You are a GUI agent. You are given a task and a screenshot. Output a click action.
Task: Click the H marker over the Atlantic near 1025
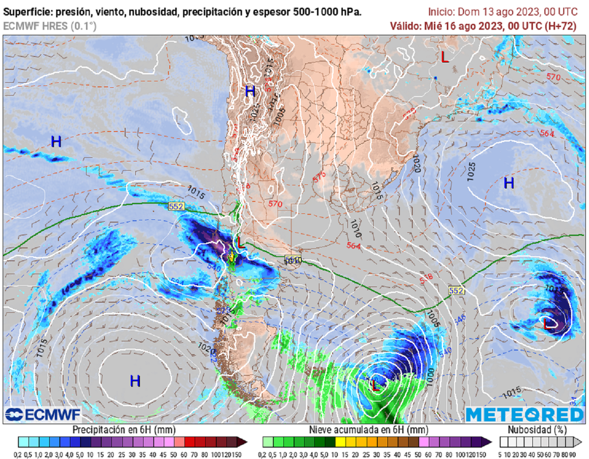[508, 183]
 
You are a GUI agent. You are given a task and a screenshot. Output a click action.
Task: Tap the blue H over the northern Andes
[250, 91]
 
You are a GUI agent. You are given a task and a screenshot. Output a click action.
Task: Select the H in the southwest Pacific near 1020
[135, 381]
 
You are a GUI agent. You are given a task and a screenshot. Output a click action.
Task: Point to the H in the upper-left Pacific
[56, 141]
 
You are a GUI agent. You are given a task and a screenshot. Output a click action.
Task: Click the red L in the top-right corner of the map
[444, 57]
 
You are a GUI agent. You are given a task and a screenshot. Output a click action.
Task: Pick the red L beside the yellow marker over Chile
[241, 244]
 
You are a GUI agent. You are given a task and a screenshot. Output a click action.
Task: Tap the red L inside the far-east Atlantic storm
[548, 324]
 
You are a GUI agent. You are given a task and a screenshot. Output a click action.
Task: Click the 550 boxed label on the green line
[293, 260]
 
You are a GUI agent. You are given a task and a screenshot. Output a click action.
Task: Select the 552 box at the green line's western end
[176, 205]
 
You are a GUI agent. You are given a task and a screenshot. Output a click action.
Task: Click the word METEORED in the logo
[525, 415]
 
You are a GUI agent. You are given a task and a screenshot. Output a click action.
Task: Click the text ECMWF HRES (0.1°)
[50, 26]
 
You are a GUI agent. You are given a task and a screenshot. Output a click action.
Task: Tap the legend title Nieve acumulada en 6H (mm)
[368, 430]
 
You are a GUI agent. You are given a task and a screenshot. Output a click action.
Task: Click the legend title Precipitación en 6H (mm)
[124, 430]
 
